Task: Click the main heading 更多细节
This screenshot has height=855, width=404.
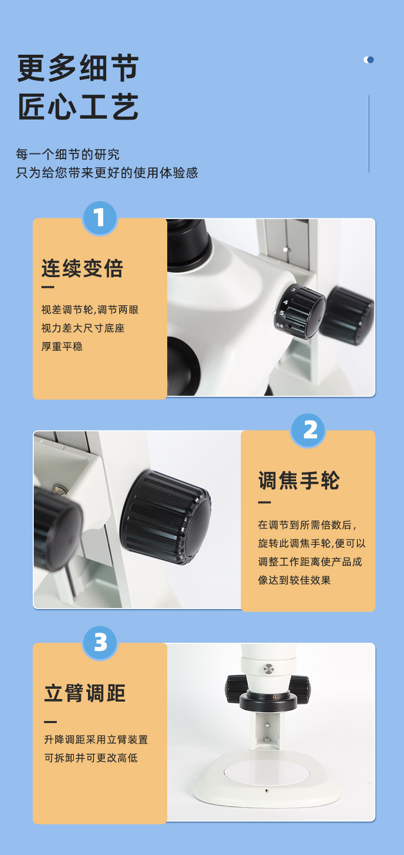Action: [x=78, y=68]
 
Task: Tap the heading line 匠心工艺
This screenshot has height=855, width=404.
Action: [x=78, y=106]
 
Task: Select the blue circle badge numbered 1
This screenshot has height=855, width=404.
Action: [x=100, y=218]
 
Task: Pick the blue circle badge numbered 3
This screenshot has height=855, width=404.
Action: [x=100, y=643]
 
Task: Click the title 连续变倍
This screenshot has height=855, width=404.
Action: [x=82, y=268]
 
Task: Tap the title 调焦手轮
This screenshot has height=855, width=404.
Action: [x=299, y=480]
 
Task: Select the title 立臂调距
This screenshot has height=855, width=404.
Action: [x=85, y=693]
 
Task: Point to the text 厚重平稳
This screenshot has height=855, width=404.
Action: [x=62, y=346]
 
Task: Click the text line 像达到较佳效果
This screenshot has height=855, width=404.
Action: [x=294, y=580]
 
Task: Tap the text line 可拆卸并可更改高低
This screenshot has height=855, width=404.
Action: [x=91, y=758]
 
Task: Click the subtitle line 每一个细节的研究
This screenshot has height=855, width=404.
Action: [x=68, y=154]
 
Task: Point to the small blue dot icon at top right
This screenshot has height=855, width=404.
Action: [x=369, y=59]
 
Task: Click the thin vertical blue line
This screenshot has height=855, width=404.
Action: [x=369, y=133]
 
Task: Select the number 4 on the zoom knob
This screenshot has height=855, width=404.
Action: [x=285, y=302]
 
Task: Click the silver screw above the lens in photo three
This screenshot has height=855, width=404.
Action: [x=269, y=669]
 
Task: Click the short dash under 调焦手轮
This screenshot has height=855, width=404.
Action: [x=264, y=502]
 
